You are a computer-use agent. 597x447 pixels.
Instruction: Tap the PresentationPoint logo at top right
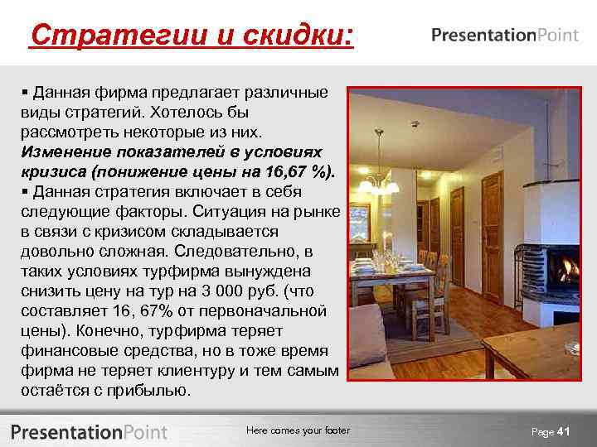click(505, 36)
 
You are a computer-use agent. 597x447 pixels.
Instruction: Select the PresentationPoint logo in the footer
click(90, 431)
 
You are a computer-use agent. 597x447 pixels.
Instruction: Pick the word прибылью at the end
click(155, 390)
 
